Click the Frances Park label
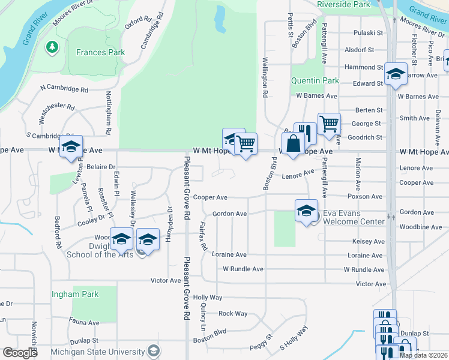100,52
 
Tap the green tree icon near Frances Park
52,46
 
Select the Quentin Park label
315,80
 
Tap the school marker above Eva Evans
306,211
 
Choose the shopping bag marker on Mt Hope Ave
292,145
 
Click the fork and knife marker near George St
305,133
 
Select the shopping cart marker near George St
328,124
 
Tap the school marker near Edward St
396,74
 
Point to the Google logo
20,353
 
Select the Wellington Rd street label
264,78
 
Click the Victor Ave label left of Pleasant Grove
166,280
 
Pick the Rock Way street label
233,313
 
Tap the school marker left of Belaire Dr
71,147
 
